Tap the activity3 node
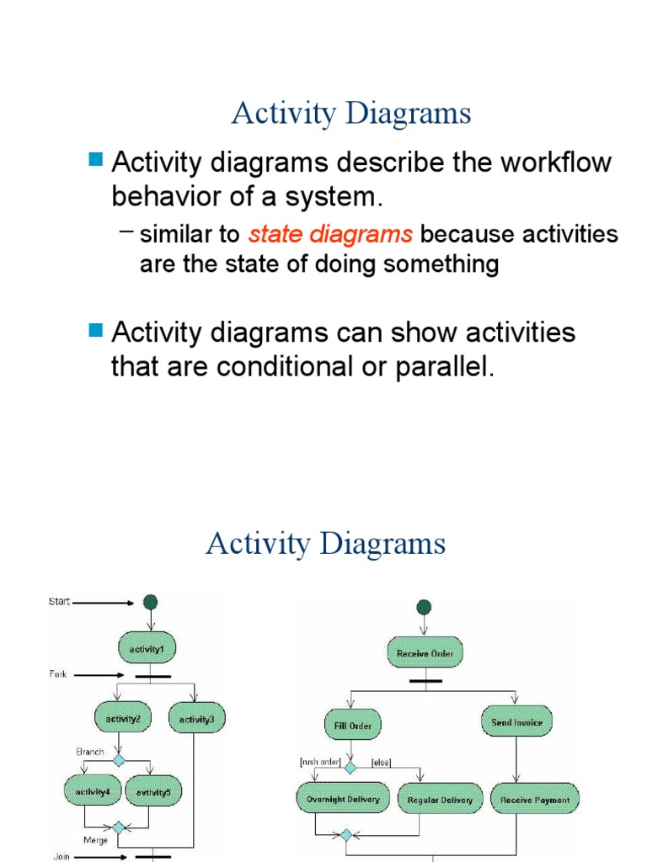coord(197,719)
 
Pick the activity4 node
coord(92,791)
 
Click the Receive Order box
coord(425,652)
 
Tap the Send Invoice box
coord(517,721)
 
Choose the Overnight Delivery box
coord(343,799)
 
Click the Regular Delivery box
coord(440,799)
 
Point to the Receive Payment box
coord(535,799)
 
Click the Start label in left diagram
coord(59,602)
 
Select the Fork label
coord(57,674)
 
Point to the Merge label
coord(94,839)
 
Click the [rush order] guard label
coord(319,762)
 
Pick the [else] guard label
coord(381,762)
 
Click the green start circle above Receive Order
coord(424,607)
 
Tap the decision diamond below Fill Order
coord(351,768)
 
